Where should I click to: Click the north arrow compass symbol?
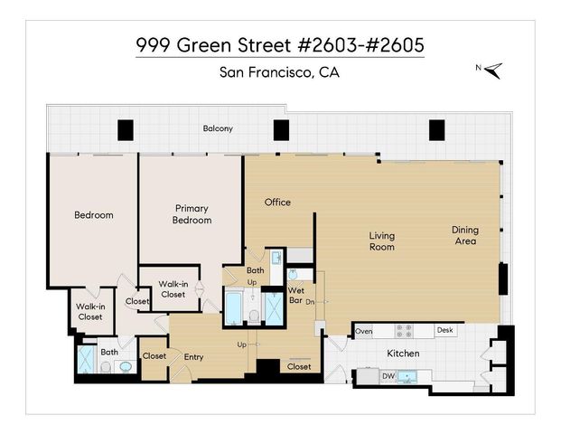tap(491, 69)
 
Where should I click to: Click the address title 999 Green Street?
tap(279, 44)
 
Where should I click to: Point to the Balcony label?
tap(217, 128)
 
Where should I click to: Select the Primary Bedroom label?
tap(192, 214)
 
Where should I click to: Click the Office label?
tap(277, 202)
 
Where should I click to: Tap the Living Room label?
tap(381, 241)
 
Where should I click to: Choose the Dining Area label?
tap(465, 235)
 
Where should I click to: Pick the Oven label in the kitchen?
tap(364, 331)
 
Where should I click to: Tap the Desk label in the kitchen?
tap(444, 331)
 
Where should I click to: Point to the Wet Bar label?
tap(295, 295)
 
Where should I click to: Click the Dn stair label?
tap(310, 301)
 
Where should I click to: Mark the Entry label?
tap(193, 356)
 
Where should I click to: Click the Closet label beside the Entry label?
tap(154, 355)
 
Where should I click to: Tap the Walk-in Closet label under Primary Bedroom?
tap(173, 289)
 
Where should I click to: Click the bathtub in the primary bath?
tap(233, 308)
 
